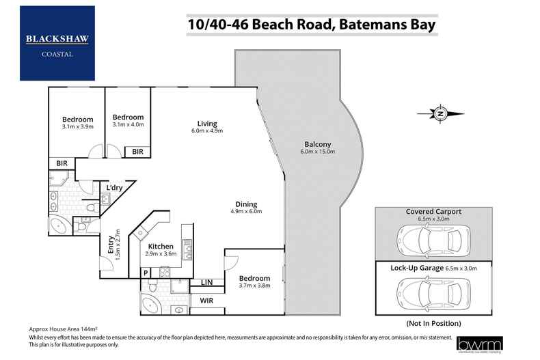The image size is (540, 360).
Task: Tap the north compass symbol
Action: click(x=441, y=113)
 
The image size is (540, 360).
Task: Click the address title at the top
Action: click(x=312, y=25)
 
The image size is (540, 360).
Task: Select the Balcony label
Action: click(x=318, y=145)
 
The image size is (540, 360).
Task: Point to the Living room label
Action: click(x=207, y=124)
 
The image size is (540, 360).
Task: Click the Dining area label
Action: click(x=246, y=204)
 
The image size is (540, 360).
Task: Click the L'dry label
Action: click(x=113, y=187)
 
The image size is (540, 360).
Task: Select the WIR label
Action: click(x=207, y=299)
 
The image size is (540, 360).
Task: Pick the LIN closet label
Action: click(x=206, y=282)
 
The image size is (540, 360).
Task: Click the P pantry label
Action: click(x=146, y=273)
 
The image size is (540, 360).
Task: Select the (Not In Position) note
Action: click(x=433, y=322)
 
